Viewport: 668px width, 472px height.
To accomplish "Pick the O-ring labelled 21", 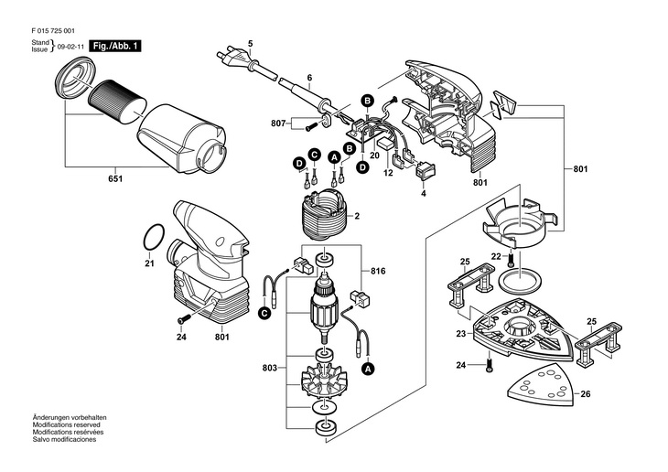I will pos(156,241).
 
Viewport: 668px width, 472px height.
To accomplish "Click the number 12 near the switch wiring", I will pos(388,172).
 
